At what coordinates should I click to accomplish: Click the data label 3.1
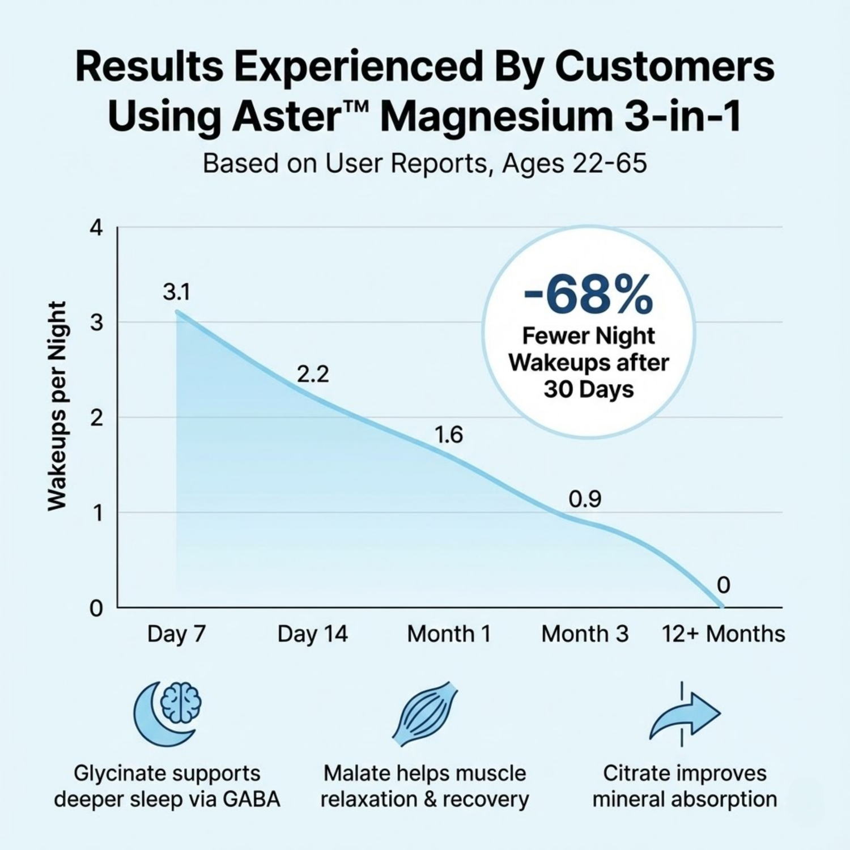(176, 292)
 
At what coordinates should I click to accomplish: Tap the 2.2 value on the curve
(313, 375)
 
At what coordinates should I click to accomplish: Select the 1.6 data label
(449, 435)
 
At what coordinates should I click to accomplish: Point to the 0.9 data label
(585, 499)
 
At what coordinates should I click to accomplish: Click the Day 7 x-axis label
(176, 634)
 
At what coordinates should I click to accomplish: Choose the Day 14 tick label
(312, 634)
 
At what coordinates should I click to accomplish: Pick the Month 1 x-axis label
(449, 634)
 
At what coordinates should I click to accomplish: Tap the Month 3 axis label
(585, 634)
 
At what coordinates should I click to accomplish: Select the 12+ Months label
(724, 634)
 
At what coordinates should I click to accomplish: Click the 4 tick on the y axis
(96, 228)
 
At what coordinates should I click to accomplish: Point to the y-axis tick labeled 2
(96, 418)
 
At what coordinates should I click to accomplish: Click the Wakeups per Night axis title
(57, 406)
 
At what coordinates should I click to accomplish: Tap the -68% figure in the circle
(588, 295)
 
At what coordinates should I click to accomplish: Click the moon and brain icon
(168, 713)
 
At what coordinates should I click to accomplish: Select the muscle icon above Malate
(425, 714)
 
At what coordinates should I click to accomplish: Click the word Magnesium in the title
(496, 117)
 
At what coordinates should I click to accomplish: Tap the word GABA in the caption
(251, 799)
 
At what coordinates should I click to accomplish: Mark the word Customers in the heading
(664, 66)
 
